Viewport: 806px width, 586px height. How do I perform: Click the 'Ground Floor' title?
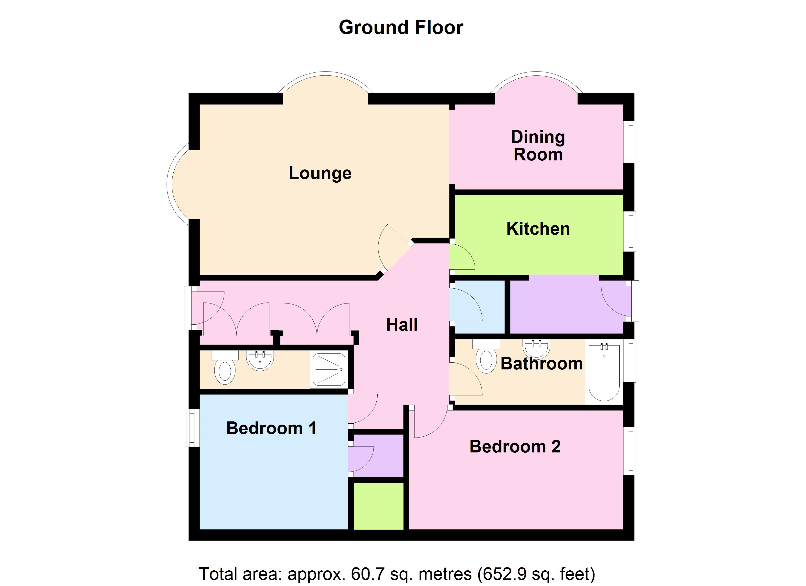coord(401,27)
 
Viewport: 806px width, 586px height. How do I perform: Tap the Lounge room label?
coord(320,173)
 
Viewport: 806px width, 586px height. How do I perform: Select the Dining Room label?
coord(538,146)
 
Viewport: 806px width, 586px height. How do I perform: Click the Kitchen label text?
coord(538,229)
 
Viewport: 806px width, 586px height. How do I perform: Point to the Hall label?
coord(402,325)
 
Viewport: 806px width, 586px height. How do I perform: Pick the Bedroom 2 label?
coord(515,446)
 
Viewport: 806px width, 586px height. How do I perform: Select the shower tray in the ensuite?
coord(329,370)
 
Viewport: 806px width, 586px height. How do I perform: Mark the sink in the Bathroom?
coord(536,348)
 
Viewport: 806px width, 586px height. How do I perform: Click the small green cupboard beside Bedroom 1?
coord(378,506)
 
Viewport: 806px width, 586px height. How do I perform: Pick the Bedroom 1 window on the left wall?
coord(193,428)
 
